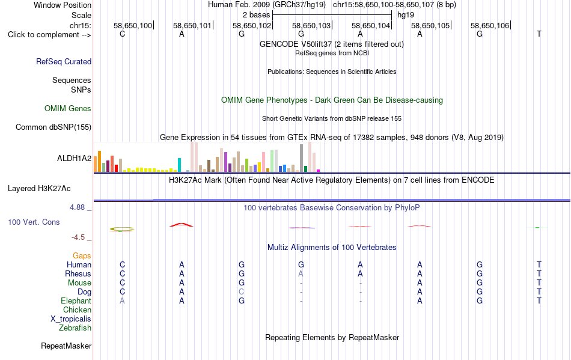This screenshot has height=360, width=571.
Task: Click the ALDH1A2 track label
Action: pyautogui.click(x=75, y=158)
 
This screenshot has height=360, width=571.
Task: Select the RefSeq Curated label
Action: pyautogui.click(x=64, y=61)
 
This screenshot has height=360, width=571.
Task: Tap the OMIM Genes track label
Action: pyautogui.click(x=68, y=108)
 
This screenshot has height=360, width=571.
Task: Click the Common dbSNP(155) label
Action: pyautogui.click(x=53, y=127)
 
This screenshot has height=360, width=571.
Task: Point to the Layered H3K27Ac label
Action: pyautogui.click(x=39, y=189)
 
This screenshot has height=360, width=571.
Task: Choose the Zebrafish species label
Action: pyautogui.click(x=75, y=328)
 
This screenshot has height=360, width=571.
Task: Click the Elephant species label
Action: pyautogui.click(x=76, y=301)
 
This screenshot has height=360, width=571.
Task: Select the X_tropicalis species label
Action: pyautogui.click(x=71, y=319)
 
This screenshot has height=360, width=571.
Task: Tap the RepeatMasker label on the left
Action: pyautogui.click(x=66, y=346)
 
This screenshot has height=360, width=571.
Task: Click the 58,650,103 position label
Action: pyautogui.click(x=311, y=25)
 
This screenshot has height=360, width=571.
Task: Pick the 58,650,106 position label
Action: pyautogui.click(x=490, y=25)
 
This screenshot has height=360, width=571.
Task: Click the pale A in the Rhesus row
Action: pyautogui.click(x=301, y=273)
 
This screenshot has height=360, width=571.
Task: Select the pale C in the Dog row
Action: pyautogui.click(x=242, y=292)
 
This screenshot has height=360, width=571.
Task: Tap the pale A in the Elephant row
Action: pyautogui.click(x=122, y=301)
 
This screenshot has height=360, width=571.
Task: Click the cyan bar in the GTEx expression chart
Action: pyautogui.click(x=179, y=165)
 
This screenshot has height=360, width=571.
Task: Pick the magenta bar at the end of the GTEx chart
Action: pyautogui.click(x=319, y=171)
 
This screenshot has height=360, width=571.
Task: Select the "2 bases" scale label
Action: pyautogui.click(x=257, y=15)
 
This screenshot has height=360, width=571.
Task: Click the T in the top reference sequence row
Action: pyautogui.click(x=539, y=34)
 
